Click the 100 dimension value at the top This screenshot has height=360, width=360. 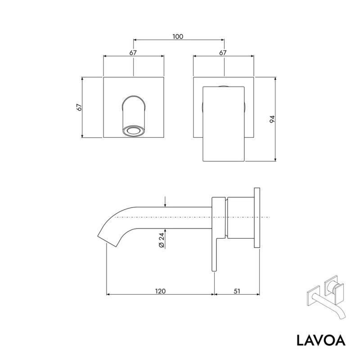[x=178, y=36]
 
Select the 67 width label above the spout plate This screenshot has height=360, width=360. [x=133, y=53]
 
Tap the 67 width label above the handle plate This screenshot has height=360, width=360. [x=223, y=53]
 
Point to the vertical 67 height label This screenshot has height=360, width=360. [x=79, y=108]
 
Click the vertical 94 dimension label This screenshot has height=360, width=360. [x=272, y=119]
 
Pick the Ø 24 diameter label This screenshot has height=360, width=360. [x=162, y=240]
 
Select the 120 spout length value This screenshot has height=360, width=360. [x=160, y=291]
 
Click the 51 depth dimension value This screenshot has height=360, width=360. [x=237, y=291]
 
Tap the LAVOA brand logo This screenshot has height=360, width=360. [x=321, y=340]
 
